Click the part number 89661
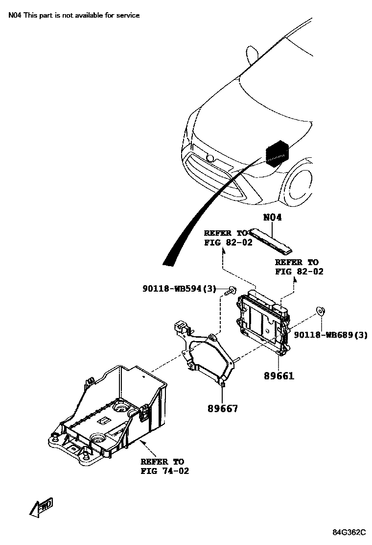279,376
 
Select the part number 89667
223,407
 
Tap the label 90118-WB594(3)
179,289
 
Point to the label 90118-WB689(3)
330,335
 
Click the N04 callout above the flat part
272,217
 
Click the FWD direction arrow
41,507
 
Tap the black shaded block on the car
276,152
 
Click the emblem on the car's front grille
210,158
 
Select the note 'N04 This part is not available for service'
74,15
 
